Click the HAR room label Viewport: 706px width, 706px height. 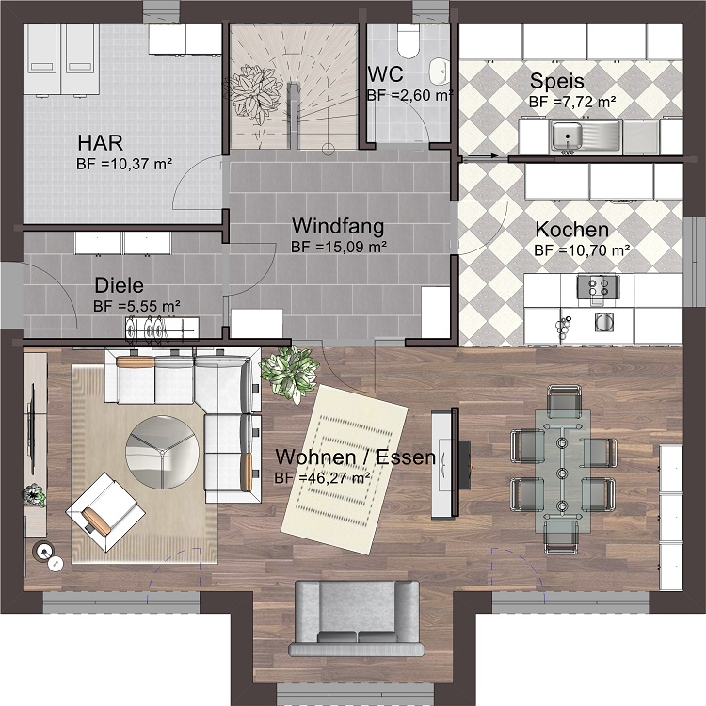click(x=100, y=142)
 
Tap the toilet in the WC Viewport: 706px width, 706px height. click(x=409, y=41)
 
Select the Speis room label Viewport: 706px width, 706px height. click(x=557, y=81)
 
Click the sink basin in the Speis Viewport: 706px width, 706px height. click(x=567, y=136)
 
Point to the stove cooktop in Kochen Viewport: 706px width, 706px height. click(x=599, y=286)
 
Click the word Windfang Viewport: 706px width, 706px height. click(x=338, y=226)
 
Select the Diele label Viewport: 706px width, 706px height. click(x=120, y=285)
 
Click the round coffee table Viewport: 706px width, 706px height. click(x=162, y=452)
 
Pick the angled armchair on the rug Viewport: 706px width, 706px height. click(x=105, y=512)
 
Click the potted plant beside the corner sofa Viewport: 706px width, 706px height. click(x=290, y=375)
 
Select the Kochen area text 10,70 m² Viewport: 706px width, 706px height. click(x=593, y=250)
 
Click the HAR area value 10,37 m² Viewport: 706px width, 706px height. click(x=136, y=164)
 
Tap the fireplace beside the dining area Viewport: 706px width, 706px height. click(x=451, y=464)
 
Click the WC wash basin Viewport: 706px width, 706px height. click(x=439, y=72)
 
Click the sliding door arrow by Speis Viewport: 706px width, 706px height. click(x=480, y=156)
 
